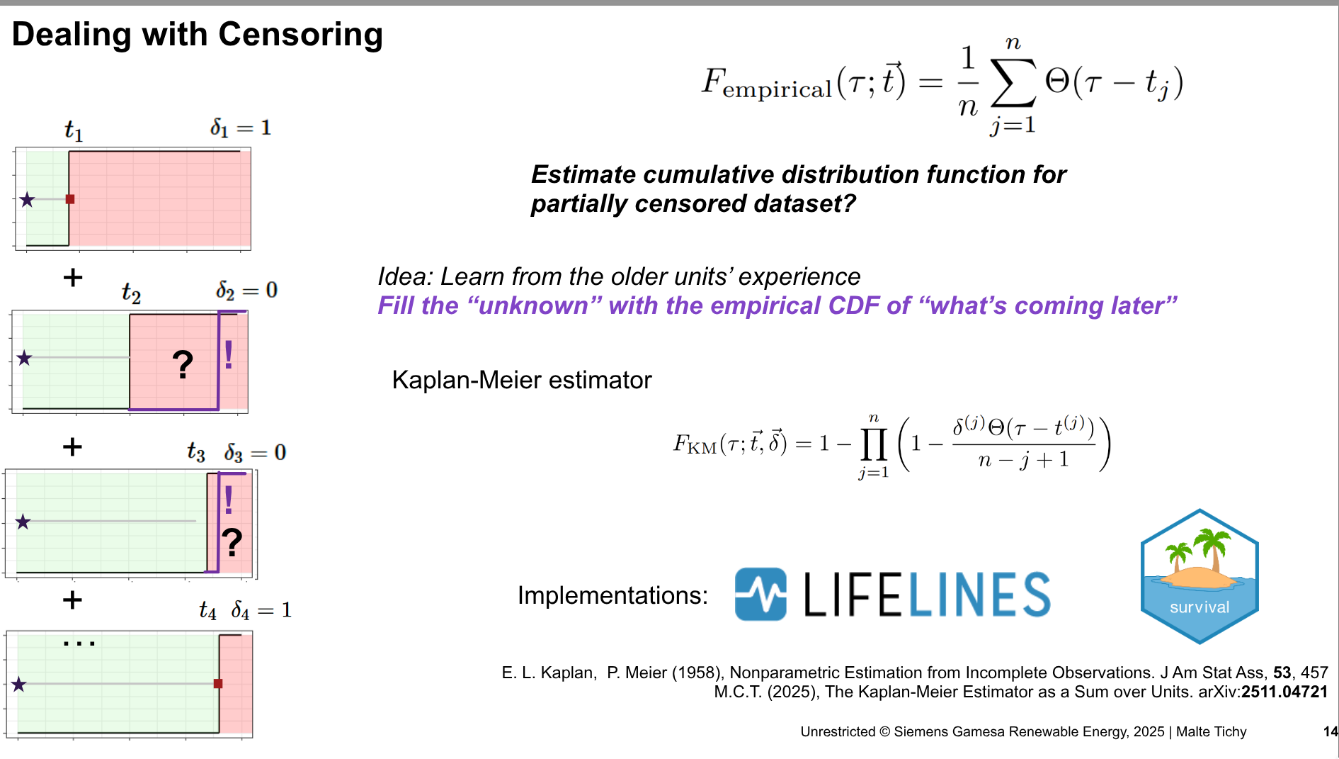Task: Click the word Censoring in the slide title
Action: tap(300, 35)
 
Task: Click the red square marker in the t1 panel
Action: tap(70, 199)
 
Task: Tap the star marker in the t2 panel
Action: tap(25, 358)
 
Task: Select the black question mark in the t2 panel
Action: tap(183, 364)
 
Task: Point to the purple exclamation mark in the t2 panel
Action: tap(229, 354)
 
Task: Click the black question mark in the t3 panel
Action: tap(232, 543)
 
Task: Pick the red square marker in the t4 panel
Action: tap(218, 684)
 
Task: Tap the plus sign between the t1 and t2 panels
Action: tap(73, 277)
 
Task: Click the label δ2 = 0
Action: tap(246, 291)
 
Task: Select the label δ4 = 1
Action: tap(261, 610)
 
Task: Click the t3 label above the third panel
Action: tap(196, 451)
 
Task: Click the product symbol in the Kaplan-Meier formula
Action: tap(874, 444)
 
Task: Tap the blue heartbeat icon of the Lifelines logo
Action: tap(760, 594)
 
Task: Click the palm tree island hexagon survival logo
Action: tap(1200, 576)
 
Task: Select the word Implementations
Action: tap(612, 595)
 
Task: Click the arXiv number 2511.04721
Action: tap(1284, 692)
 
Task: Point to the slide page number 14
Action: tap(1331, 731)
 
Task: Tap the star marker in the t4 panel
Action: tap(19, 685)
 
